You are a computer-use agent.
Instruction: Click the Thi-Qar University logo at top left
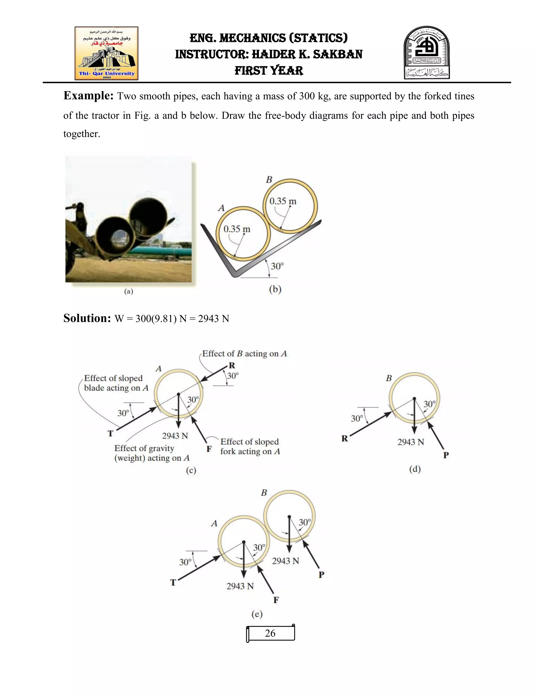point(106,53)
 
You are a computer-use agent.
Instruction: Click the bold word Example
point(88,96)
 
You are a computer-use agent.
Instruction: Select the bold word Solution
point(87,318)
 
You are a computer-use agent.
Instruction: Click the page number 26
point(270,633)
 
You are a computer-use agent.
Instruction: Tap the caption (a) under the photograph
point(128,291)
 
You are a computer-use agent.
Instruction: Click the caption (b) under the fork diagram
point(275,289)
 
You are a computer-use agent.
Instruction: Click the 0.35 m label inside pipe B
point(283,201)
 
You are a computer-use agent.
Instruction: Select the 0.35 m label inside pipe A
point(237,229)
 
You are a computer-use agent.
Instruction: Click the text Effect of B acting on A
point(245,354)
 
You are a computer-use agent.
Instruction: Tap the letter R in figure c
point(232,366)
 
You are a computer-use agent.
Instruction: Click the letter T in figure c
point(110,433)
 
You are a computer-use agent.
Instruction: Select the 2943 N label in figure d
point(411,442)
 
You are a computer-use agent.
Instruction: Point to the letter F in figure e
point(276,600)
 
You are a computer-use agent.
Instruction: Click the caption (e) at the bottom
point(257,614)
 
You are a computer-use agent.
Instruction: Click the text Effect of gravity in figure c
point(144,448)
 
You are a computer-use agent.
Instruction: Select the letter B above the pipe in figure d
point(389,378)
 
